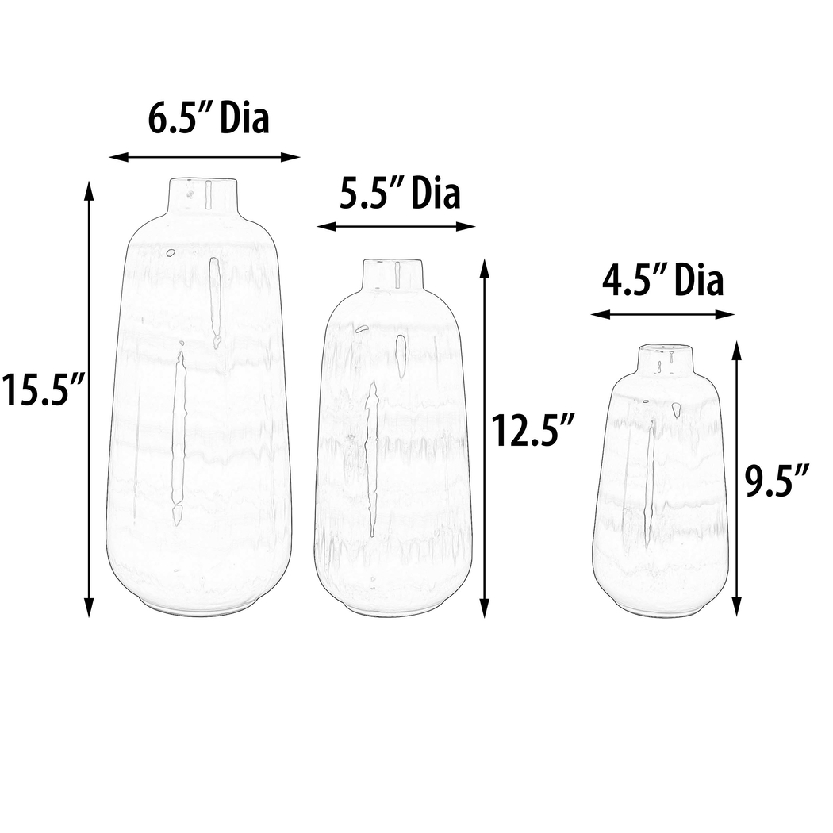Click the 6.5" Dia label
[209, 119]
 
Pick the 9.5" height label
[777, 481]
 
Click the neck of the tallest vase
[203, 195]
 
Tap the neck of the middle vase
[393, 274]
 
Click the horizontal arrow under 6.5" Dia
[205, 157]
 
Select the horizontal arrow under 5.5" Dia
[396, 226]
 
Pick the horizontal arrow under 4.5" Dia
[662, 315]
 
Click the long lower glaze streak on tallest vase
[178, 436]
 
